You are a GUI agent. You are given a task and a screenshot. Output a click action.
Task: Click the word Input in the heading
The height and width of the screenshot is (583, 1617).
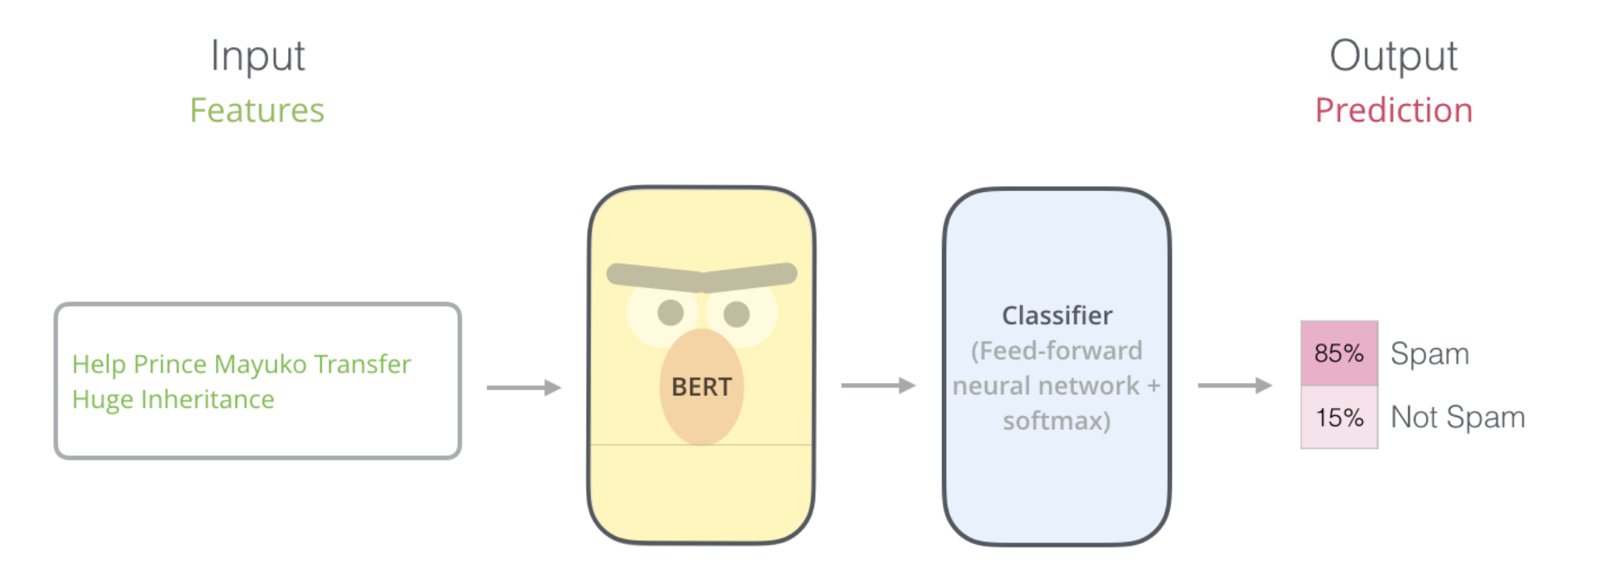tap(257, 57)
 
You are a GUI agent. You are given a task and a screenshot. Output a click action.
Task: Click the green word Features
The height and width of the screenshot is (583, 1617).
tap(257, 110)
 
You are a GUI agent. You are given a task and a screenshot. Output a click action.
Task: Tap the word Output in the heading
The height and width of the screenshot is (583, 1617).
tap(1393, 57)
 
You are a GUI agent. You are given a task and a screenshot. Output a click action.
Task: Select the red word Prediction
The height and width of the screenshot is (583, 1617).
tap(1393, 110)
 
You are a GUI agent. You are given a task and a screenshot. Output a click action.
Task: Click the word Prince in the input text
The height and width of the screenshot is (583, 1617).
tap(170, 364)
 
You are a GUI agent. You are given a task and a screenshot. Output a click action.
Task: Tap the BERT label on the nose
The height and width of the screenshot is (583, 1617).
tap(701, 387)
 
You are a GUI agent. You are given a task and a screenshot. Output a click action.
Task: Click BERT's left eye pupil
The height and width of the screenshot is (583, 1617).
tap(671, 313)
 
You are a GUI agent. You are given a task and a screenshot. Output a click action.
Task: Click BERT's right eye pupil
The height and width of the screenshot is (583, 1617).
tap(736, 313)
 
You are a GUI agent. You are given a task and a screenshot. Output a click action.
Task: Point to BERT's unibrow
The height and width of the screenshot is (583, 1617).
tap(702, 277)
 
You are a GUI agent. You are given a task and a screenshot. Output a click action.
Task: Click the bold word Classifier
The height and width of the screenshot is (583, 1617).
tap(1056, 315)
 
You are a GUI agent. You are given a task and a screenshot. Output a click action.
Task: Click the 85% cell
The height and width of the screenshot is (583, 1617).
tap(1339, 353)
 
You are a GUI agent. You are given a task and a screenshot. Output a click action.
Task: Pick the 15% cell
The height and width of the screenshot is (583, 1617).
tap(1339, 417)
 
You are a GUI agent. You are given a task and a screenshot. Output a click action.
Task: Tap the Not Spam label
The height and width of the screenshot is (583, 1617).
tap(1457, 417)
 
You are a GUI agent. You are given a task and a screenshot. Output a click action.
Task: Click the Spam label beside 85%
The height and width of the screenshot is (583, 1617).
tap(1429, 354)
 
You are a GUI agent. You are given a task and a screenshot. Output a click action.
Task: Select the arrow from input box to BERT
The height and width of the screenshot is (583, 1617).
tap(524, 388)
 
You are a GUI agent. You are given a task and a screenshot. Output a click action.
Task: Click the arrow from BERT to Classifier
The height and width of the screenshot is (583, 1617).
tap(878, 385)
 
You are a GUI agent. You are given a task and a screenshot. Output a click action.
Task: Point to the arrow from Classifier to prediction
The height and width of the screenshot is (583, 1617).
tap(1234, 385)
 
